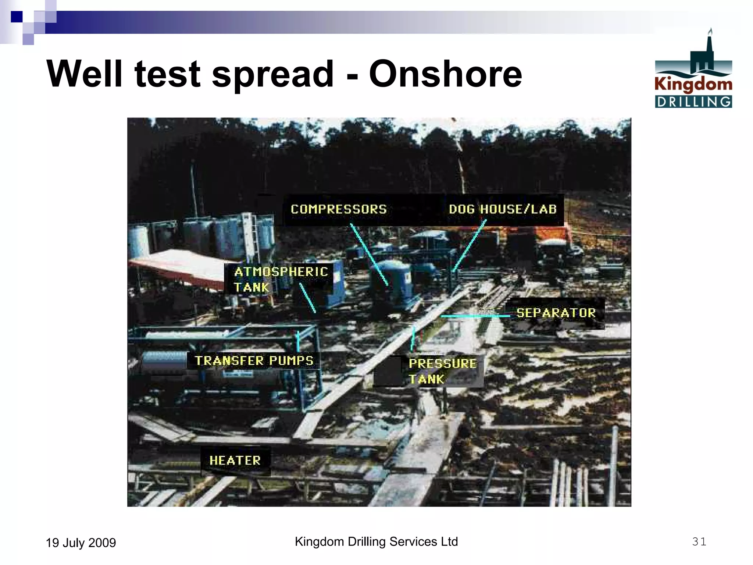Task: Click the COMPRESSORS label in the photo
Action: click(x=339, y=209)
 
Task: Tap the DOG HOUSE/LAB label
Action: click(x=503, y=209)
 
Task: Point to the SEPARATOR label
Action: click(x=556, y=313)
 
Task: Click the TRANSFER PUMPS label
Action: click(x=254, y=360)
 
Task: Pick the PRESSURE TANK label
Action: click(x=442, y=371)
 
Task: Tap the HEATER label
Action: click(x=235, y=460)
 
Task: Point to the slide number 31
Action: click(x=699, y=541)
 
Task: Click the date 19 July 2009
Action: click(x=81, y=543)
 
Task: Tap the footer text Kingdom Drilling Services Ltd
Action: click(x=376, y=541)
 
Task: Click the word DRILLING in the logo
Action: click(x=693, y=102)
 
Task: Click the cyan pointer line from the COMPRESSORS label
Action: click(x=369, y=254)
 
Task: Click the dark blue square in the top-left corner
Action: click(x=17, y=17)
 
